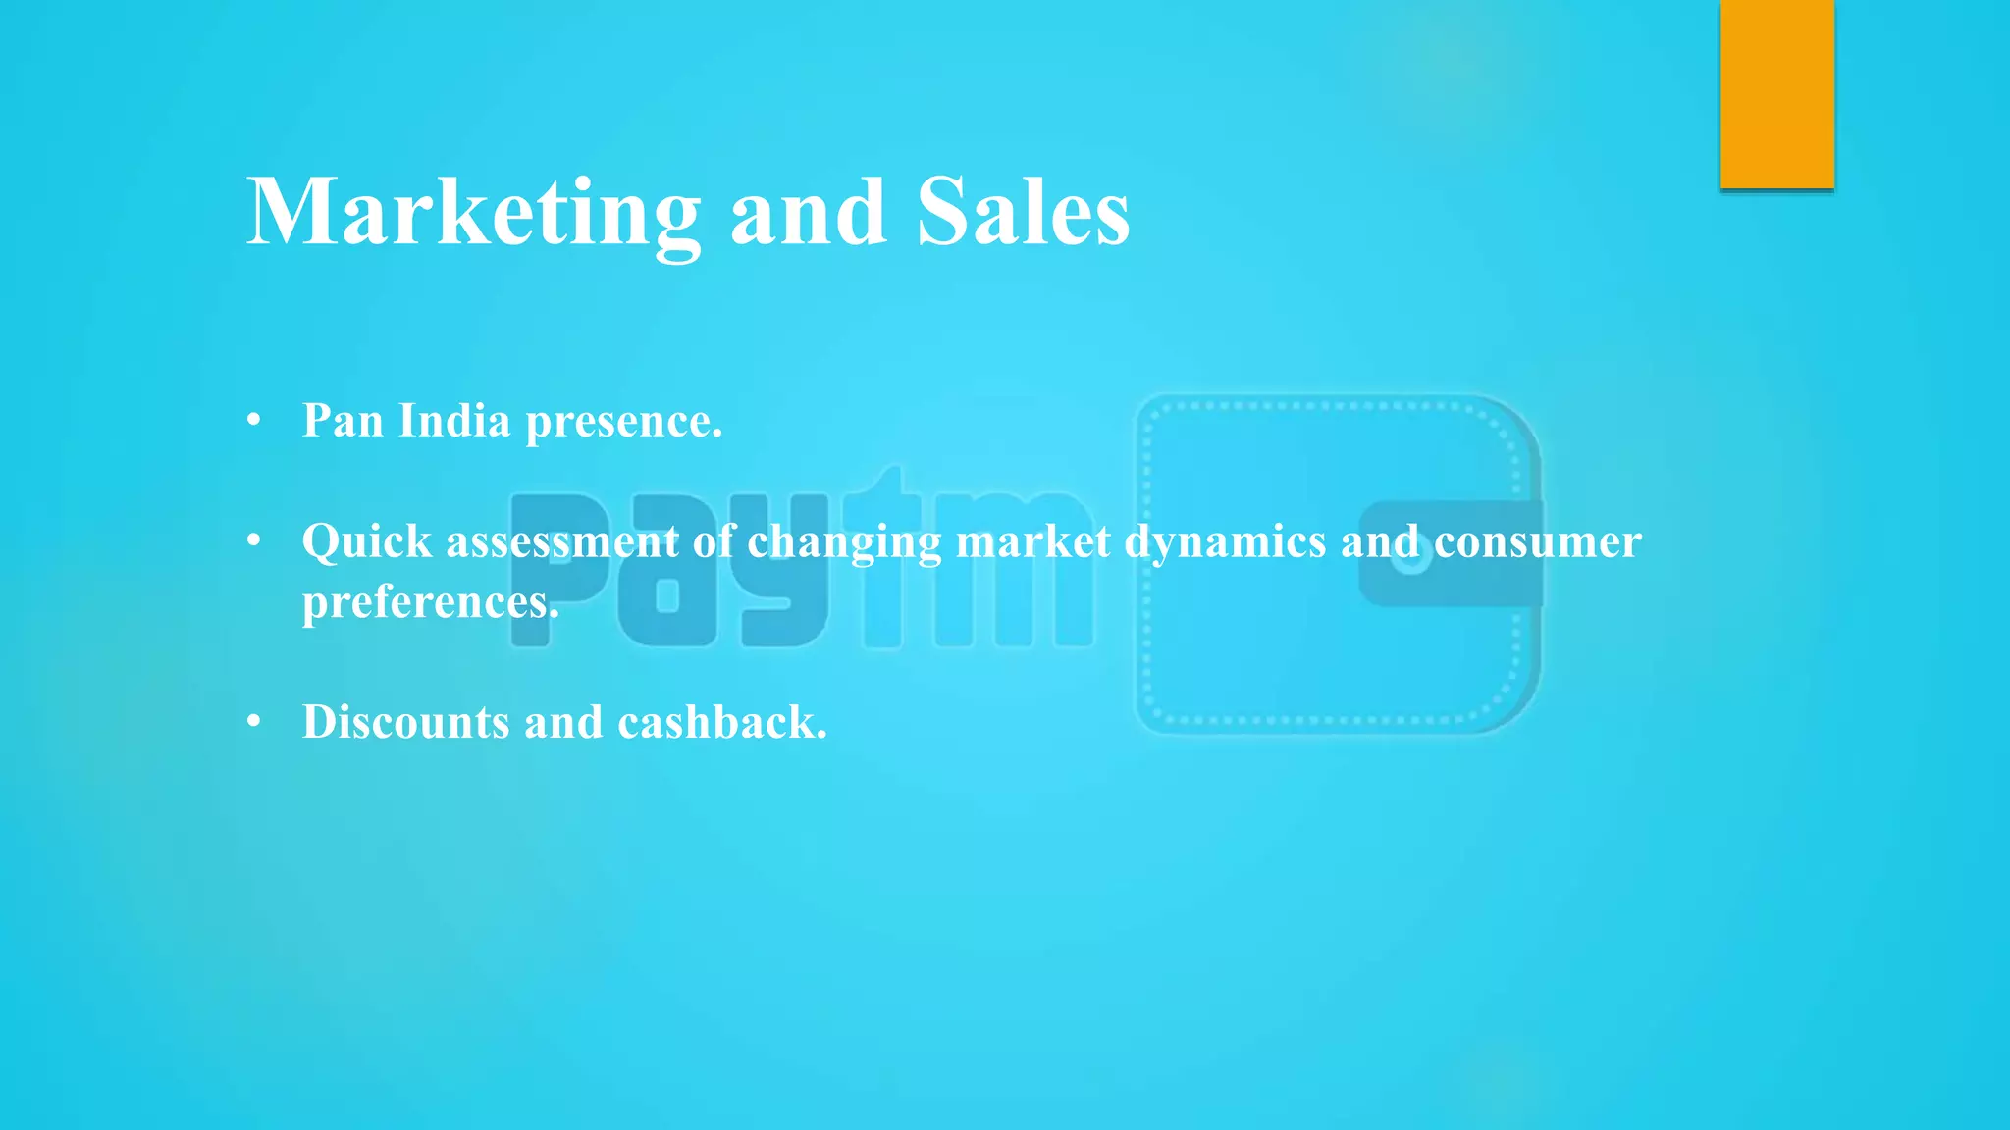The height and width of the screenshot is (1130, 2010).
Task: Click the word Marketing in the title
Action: [x=473, y=213]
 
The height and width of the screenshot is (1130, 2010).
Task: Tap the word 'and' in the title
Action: [x=809, y=213]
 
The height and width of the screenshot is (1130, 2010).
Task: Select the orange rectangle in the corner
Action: [x=1776, y=94]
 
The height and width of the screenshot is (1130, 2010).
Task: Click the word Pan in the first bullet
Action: [x=343, y=421]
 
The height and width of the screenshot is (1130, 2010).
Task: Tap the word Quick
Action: [x=366, y=541]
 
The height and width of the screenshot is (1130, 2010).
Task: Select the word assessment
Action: [x=561, y=541]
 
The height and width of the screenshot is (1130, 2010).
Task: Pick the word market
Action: [x=1032, y=541]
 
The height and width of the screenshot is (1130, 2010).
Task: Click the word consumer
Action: [x=1537, y=541]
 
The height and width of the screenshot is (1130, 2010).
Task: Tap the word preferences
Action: [x=430, y=602]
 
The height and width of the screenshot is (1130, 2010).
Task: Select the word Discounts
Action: [x=405, y=722]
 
